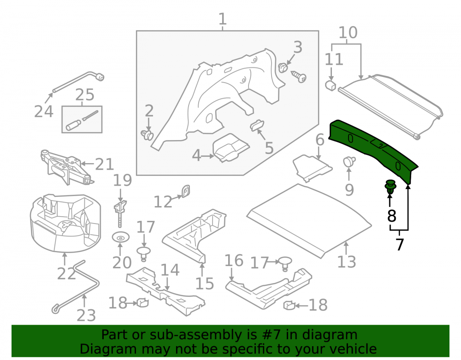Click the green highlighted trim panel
[x=373, y=148]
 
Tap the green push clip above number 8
[x=390, y=187]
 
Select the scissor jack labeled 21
[x=65, y=166]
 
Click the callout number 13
[x=346, y=261]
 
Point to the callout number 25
[x=85, y=95]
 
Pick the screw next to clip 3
[x=299, y=77]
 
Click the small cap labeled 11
[x=331, y=85]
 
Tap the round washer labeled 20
[x=120, y=237]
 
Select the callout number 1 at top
[x=223, y=19]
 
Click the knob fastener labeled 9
[x=349, y=162]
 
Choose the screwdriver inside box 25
[x=82, y=120]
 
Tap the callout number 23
[x=86, y=315]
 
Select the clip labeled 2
[x=148, y=135]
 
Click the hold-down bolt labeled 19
[x=120, y=213]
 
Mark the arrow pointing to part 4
[x=208, y=156]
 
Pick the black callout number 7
[x=399, y=244]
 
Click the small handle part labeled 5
[x=257, y=125]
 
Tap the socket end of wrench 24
[x=100, y=77]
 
